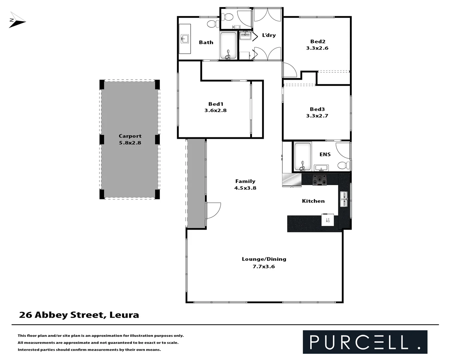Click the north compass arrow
pos(17,21)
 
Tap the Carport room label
pos(130,136)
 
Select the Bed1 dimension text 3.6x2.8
pos(215,110)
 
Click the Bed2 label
pos(317,42)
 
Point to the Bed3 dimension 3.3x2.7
pos(317,116)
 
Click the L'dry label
pos(269,35)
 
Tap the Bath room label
pos(206,42)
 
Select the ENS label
pos(325,154)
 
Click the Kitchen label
pos(313,201)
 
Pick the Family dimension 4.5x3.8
pos(245,188)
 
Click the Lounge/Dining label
pos(264,259)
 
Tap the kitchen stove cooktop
pos(319,180)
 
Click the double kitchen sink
pos(344,199)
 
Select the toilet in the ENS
pos(344,165)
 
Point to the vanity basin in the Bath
pos(185,39)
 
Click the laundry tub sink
pos(245,35)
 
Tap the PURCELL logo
pos(365,342)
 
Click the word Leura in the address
pos(124,315)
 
